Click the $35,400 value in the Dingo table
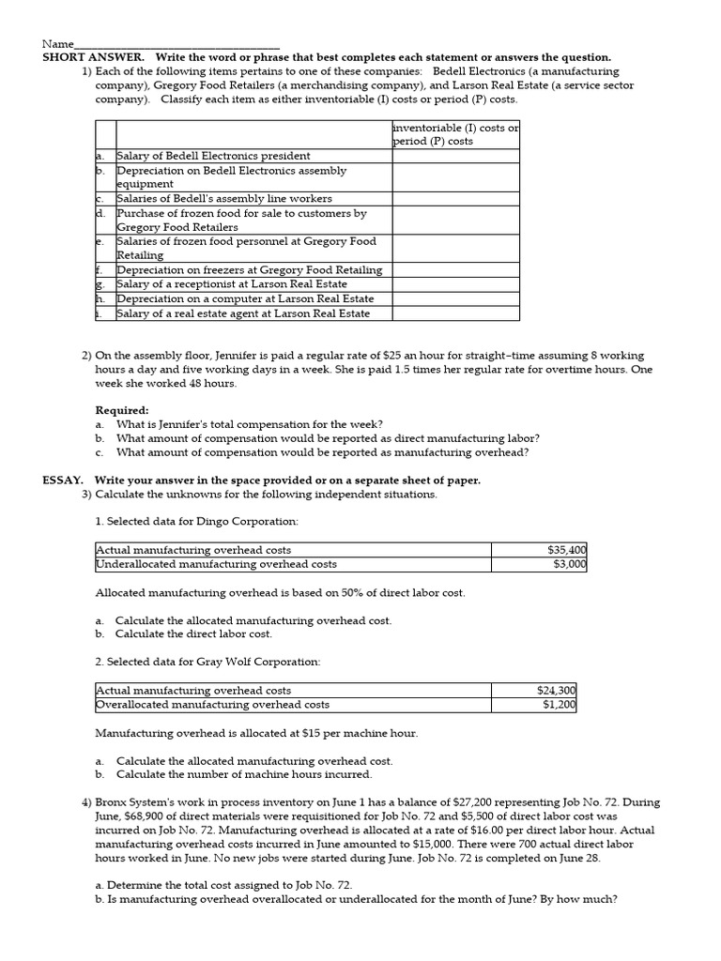[566, 550]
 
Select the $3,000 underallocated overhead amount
[569, 564]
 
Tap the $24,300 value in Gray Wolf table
[556, 690]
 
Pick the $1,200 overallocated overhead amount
[560, 704]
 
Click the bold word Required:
[122, 410]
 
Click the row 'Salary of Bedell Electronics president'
[213, 156]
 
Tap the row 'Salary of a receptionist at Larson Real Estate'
[231, 283]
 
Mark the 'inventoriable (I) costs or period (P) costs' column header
[455, 134]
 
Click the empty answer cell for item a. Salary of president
[455, 156]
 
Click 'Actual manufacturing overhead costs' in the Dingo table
[194, 550]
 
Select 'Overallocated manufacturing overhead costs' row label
[213, 704]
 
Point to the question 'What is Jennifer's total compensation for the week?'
[249, 424]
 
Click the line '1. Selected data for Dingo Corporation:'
[197, 521]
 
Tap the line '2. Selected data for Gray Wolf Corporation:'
[207, 662]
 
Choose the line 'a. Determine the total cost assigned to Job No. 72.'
[224, 885]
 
